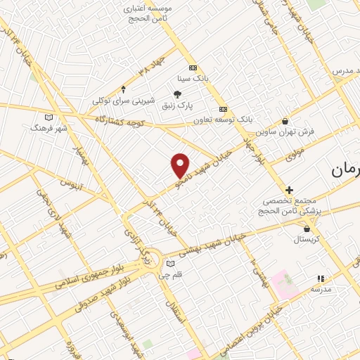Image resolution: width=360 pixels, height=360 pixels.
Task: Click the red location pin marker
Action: (181, 165)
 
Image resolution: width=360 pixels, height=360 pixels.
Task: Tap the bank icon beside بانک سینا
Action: (193, 67)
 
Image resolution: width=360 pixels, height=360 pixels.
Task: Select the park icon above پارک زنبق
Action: (177, 94)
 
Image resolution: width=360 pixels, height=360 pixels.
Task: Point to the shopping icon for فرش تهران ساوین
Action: (284, 121)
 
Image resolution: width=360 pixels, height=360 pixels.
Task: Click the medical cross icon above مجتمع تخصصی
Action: (289, 190)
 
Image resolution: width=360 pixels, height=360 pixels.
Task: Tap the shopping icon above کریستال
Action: (307, 229)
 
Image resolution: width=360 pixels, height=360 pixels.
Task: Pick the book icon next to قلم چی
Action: (169, 264)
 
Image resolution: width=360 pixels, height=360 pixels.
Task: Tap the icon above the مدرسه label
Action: (321, 278)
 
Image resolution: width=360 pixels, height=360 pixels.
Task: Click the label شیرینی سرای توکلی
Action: (124, 101)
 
